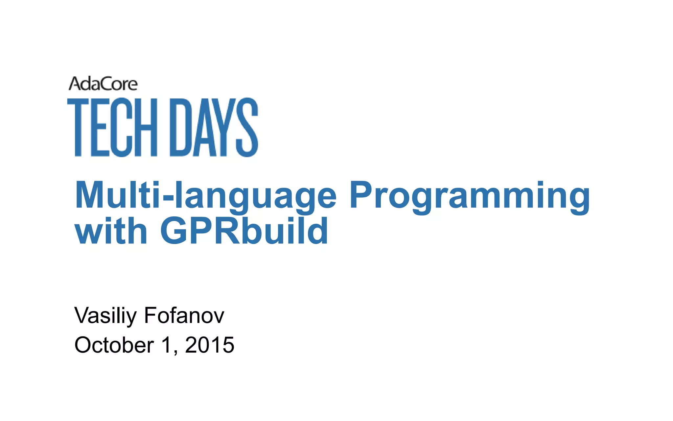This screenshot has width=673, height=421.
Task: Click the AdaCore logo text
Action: tap(103, 84)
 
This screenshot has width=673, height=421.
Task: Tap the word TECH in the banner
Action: tap(112, 127)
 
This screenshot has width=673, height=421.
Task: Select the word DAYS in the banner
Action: tap(214, 127)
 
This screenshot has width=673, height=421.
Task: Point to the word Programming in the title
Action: tap(470, 196)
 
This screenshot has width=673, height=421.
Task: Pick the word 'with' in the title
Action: tap(111, 231)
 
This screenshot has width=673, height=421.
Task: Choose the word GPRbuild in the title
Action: tap(244, 231)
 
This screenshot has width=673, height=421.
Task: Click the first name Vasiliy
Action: tap(105, 316)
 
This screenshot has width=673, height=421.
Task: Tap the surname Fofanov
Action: tap(184, 316)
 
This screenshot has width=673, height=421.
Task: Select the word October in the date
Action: tap(114, 345)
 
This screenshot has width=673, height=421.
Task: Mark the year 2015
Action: tap(210, 345)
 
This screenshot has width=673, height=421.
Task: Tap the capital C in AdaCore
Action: tap(104, 84)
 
